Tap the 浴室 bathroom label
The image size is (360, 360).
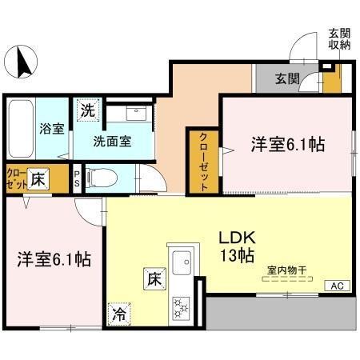click(x=54, y=129)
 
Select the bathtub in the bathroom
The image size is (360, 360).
click(x=19, y=128)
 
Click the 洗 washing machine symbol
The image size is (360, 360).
click(x=87, y=110)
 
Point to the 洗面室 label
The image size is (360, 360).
click(x=112, y=142)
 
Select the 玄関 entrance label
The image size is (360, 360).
click(x=288, y=78)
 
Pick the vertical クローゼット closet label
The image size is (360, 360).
click(x=204, y=161)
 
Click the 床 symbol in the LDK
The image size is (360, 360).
click(x=154, y=279)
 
